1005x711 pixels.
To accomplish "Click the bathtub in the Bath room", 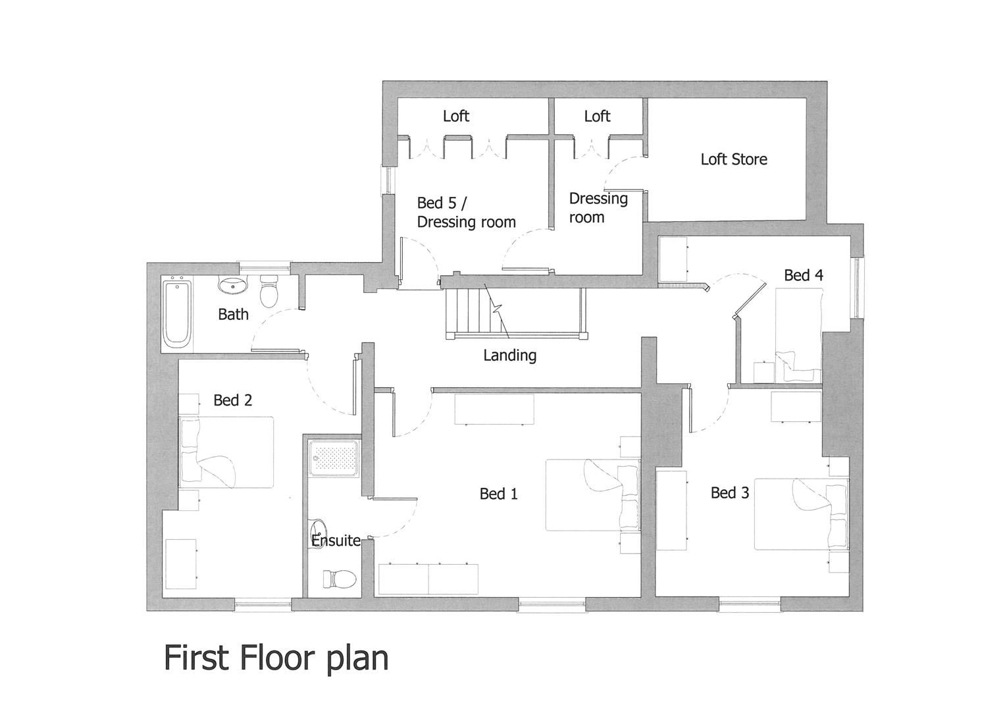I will click(x=177, y=313).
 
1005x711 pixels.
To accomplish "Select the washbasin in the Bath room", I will click(x=233, y=286).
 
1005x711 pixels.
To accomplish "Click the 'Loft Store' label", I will click(x=733, y=159).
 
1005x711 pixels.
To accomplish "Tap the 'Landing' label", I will click(x=509, y=355).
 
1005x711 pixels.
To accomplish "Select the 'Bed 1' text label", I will click(x=498, y=494).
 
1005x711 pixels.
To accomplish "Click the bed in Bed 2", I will click(x=226, y=452).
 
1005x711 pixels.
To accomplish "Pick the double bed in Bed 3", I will click(x=800, y=514).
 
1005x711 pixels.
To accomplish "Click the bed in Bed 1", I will click(x=592, y=494).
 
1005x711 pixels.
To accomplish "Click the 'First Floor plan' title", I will click(x=276, y=658).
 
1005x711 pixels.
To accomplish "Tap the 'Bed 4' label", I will click(x=803, y=275).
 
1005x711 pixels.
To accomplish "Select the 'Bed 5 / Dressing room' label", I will click(x=466, y=213).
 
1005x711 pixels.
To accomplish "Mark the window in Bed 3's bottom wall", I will click(x=750, y=602).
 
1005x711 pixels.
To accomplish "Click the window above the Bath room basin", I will click(x=264, y=267).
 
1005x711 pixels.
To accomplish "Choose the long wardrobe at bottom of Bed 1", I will click(x=428, y=579).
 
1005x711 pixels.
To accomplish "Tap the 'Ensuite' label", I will click(x=336, y=541).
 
